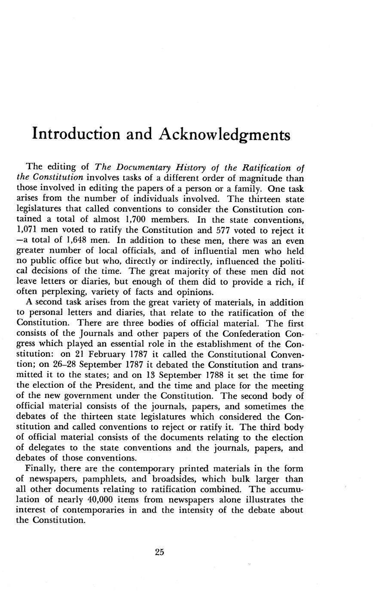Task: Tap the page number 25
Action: coord(159,552)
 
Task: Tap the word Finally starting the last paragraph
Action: coord(42,468)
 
